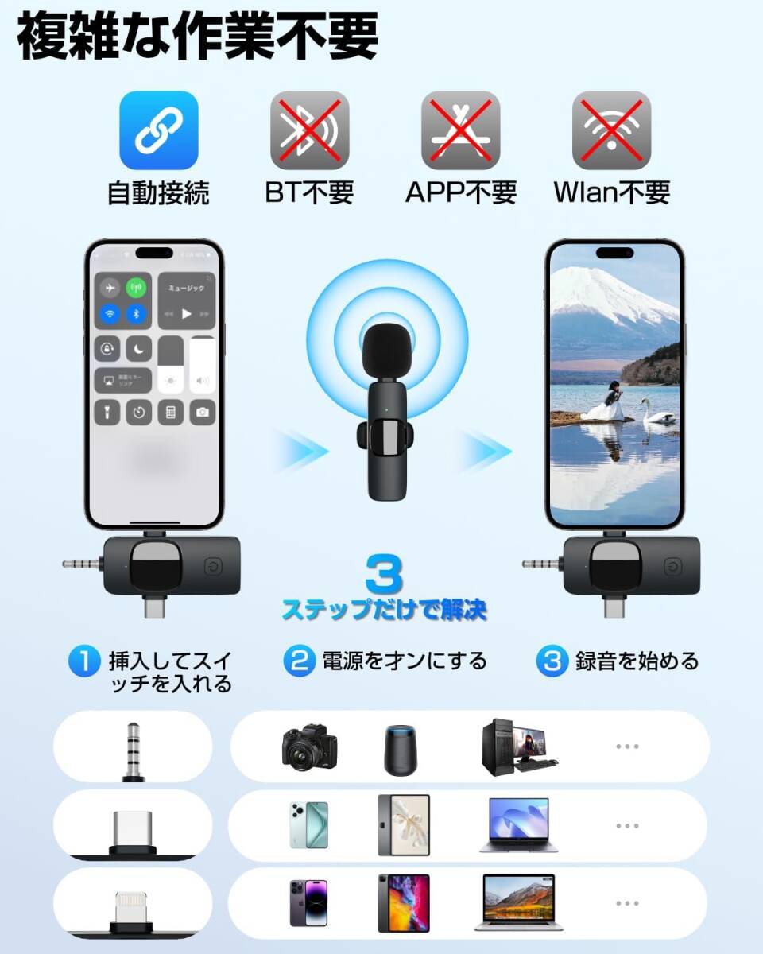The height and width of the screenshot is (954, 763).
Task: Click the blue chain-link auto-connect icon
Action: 158,130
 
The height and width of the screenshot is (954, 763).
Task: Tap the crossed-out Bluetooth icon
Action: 309,130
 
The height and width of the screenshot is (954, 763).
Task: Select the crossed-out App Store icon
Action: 460,130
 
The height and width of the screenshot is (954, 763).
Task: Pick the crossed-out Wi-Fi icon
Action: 611,130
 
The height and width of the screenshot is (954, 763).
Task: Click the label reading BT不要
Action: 309,192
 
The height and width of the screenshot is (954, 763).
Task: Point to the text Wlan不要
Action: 611,192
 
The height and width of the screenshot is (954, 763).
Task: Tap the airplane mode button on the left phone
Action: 110,287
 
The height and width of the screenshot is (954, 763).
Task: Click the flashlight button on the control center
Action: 109,411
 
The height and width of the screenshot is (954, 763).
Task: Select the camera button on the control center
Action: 203,411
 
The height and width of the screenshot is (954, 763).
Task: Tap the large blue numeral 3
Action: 384,575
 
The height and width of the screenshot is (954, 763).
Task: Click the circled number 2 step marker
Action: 299,661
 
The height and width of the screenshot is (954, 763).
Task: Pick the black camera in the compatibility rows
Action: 309,747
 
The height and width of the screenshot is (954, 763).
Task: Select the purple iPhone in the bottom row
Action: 308,902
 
